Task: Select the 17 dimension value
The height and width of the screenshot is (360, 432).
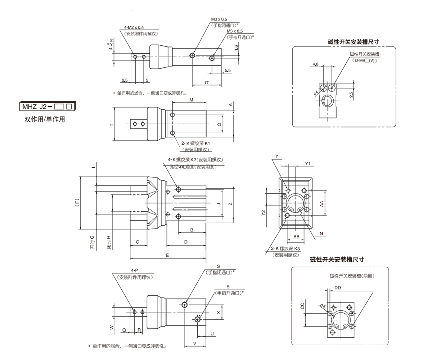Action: pos(206,83)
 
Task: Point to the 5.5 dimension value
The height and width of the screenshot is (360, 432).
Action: pos(228,71)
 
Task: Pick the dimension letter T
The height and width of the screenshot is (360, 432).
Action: pos(111,125)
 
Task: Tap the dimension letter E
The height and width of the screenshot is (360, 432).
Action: pos(167,255)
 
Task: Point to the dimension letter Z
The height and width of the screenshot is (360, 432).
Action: pos(230,203)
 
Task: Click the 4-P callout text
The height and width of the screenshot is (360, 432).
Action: pos(135,270)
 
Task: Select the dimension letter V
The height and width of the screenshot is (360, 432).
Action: pos(195,343)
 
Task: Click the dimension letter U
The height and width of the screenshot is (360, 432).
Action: pos(212,334)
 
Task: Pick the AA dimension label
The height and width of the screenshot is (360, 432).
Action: pos(322,203)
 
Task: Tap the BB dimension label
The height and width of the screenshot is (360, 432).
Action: pos(296,237)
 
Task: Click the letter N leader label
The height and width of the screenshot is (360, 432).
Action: pos(321,234)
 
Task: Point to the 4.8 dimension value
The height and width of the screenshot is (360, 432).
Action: pos(315,64)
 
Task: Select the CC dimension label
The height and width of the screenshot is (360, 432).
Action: pos(303,306)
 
